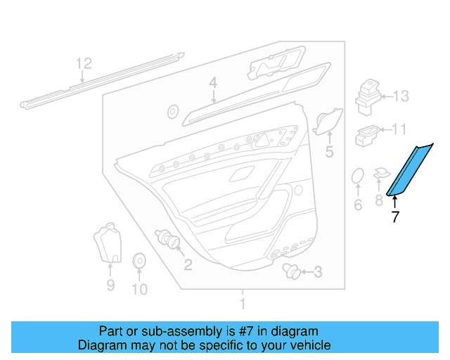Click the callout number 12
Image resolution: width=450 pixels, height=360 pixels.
click(84, 64)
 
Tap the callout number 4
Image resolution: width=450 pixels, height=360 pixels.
click(212, 84)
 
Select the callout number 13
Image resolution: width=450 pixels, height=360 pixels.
click(400, 96)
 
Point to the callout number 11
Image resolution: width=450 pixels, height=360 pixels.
click(399, 129)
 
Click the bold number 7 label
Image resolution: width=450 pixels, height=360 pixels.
click(394, 217)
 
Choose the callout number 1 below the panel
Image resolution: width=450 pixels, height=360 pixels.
click(243, 304)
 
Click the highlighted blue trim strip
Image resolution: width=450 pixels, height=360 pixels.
click(409, 169)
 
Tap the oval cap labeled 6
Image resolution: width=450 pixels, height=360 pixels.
click(357, 176)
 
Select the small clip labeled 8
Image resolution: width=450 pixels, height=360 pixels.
click(381, 173)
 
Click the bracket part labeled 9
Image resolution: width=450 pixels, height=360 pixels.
click(107, 242)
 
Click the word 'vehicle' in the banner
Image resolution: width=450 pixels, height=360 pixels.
click(308, 345)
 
